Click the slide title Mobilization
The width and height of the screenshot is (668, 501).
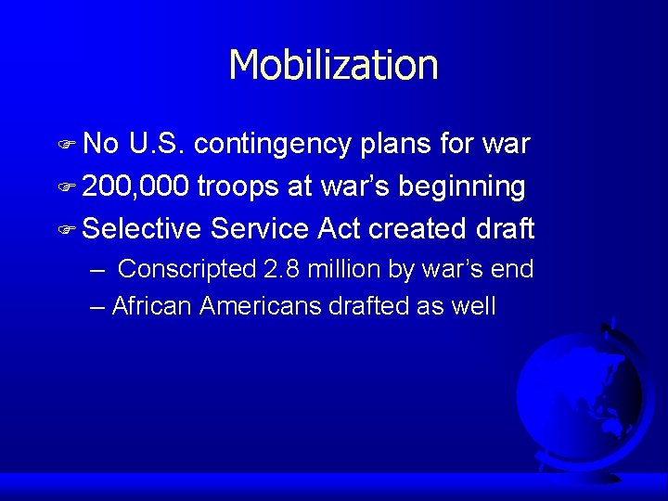333,65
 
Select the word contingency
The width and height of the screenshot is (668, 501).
273,144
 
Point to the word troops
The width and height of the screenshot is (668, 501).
238,186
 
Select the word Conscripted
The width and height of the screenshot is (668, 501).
187,270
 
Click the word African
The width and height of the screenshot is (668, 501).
152,306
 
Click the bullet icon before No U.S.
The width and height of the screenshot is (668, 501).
69,146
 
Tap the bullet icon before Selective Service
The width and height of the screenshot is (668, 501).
69,230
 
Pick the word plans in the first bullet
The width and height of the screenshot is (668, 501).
395,144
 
